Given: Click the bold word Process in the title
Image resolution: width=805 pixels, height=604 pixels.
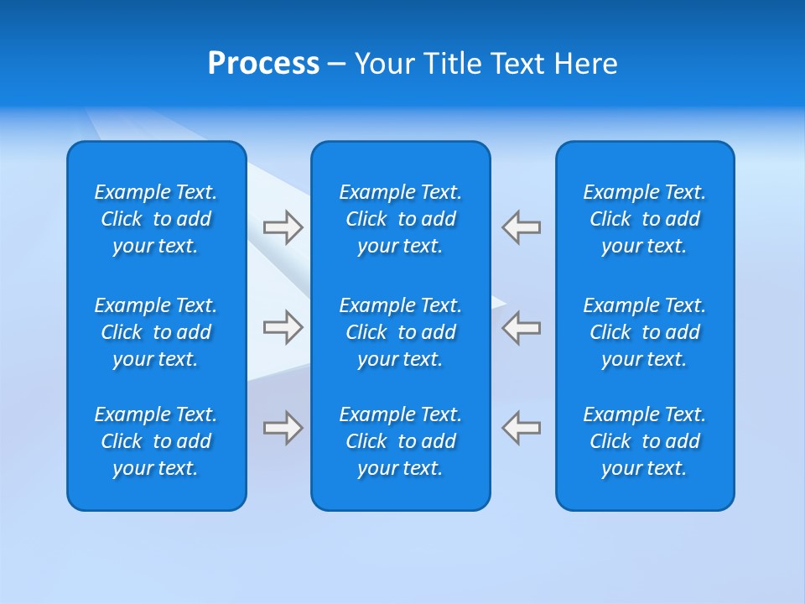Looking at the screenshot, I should [263, 64].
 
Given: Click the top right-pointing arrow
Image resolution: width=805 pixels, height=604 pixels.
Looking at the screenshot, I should [283, 227].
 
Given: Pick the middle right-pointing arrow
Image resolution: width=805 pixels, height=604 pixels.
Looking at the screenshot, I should [283, 327].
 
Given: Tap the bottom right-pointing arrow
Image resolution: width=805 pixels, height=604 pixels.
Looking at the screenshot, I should [283, 428].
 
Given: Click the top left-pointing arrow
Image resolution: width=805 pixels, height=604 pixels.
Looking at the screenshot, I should [522, 227].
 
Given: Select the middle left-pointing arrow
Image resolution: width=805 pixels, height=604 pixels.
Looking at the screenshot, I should [522, 327].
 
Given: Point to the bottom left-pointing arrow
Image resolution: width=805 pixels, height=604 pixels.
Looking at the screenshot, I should [522, 428].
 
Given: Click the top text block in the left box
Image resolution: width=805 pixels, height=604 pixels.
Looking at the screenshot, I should [156, 219].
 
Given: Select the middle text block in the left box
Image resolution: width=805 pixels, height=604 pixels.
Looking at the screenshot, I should [156, 332].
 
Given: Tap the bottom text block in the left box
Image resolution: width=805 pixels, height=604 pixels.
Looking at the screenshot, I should [156, 441].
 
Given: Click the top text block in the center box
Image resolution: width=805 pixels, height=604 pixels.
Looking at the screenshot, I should [401, 219].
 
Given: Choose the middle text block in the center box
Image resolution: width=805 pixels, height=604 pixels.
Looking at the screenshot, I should [401, 332].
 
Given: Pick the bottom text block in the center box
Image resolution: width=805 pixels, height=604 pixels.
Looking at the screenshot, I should [401, 441].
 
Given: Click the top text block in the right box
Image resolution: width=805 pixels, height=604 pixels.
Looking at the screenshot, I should [645, 219].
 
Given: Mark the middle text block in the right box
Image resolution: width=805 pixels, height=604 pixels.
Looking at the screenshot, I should [645, 332].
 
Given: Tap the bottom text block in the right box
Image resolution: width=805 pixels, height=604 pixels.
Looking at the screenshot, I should [645, 441].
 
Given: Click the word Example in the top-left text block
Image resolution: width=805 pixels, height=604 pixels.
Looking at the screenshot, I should [132, 193].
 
